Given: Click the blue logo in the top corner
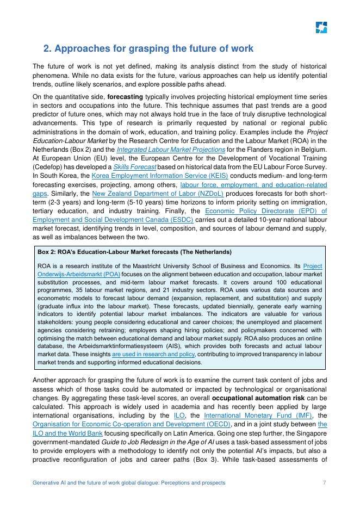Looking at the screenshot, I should pyautogui.click(x=321, y=28).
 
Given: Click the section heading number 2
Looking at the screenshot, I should pyautogui.click(x=47, y=49).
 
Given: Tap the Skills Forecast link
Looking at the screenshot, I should pyautogui.click(x=141, y=166).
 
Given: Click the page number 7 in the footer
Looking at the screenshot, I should pyautogui.click(x=324, y=483).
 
